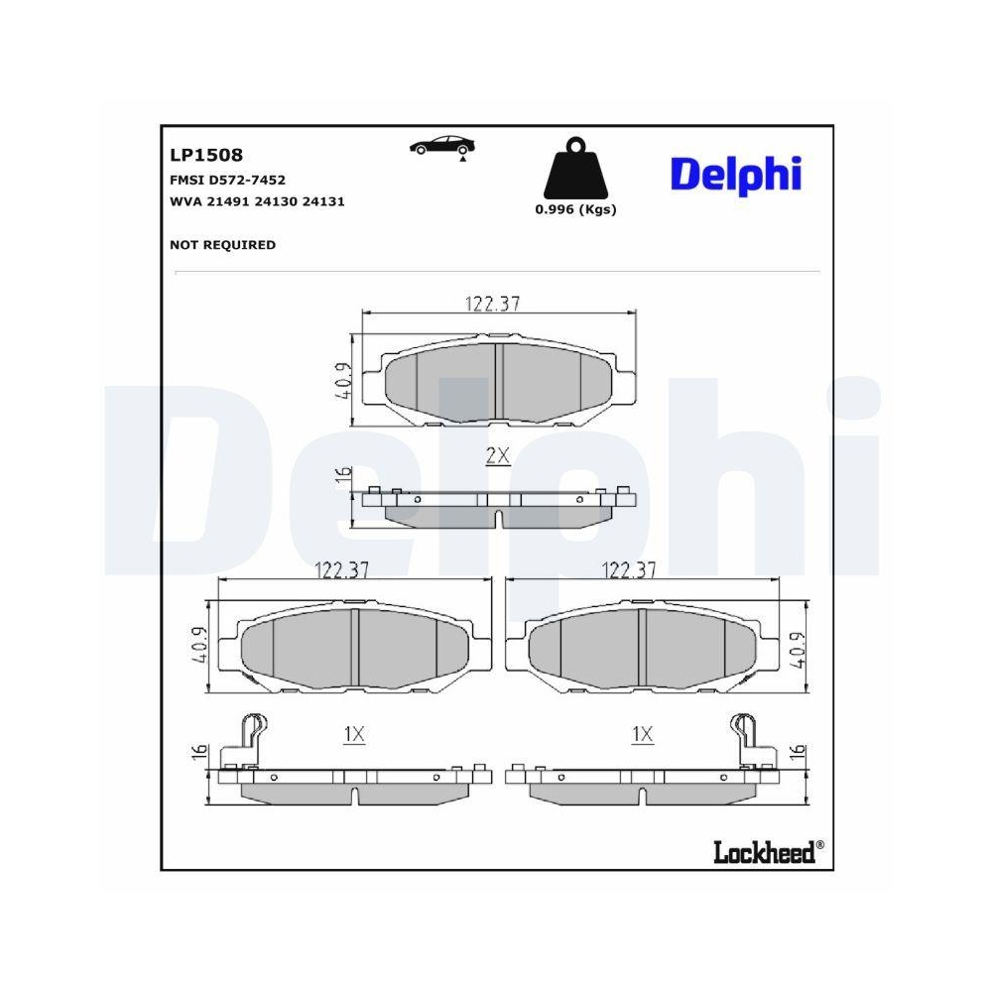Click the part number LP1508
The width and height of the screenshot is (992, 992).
(206, 156)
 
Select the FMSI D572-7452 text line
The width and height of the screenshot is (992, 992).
(228, 180)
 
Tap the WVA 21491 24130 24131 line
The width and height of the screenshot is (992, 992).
(257, 201)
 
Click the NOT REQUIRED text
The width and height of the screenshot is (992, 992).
(222, 245)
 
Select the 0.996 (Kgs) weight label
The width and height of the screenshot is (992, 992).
(575, 209)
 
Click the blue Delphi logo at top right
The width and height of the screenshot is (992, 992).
(735, 175)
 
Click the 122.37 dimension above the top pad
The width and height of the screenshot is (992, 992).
(493, 305)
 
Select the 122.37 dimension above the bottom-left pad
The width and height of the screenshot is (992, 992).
(342, 570)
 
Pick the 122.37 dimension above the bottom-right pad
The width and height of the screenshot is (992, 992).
(630, 570)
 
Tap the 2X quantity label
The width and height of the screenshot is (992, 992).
(497, 456)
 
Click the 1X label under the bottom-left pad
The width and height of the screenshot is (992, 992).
(354, 735)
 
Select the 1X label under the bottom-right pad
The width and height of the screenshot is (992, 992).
(642, 735)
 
